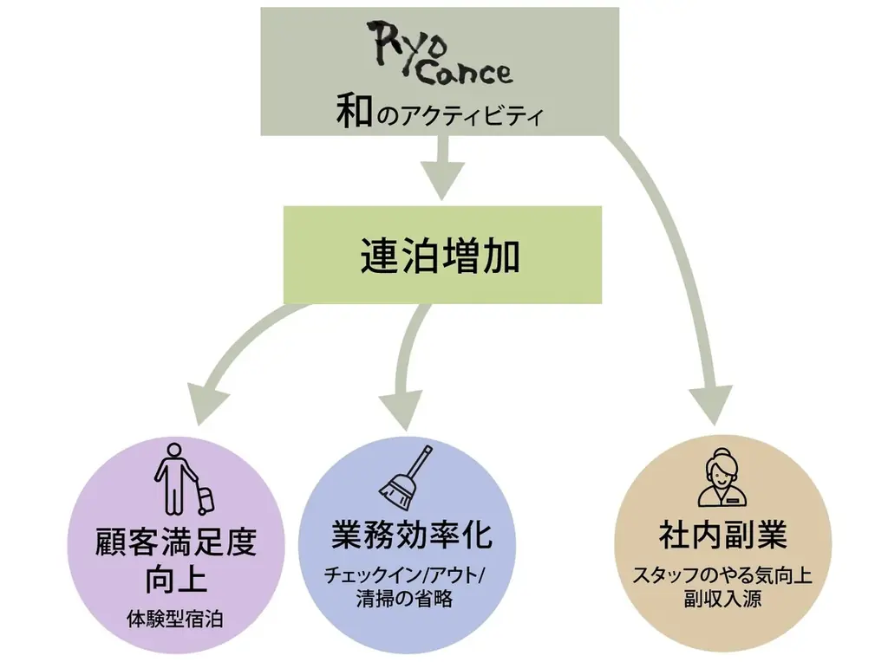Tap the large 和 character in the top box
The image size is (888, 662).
pos(355,113)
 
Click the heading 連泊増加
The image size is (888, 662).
pos(441,256)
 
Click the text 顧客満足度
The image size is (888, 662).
pos(176,543)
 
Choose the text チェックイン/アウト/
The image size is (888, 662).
pos(406,575)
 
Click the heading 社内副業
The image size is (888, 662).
pos(722,535)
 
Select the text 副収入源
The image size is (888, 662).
pos(722,599)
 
